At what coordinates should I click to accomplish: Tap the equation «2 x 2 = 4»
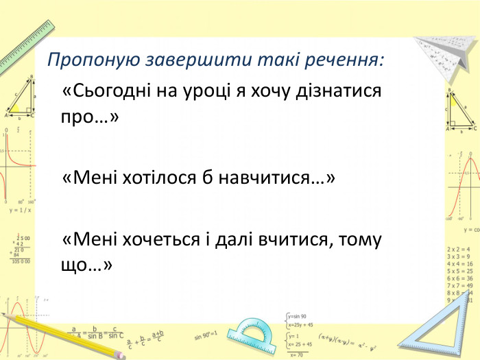[458, 249]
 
